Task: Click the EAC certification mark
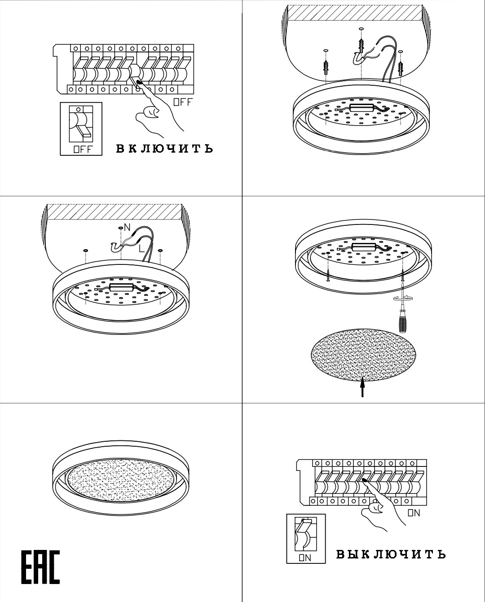click(x=40, y=567)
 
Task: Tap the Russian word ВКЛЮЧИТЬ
click(x=164, y=149)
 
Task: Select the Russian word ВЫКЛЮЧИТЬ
click(x=390, y=554)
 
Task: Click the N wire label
click(x=127, y=228)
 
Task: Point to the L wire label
click(x=141, y=248)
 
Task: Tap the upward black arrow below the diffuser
click(x=362, y=387)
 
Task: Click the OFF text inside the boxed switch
click(x=83, y=149)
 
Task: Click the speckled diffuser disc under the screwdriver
click(x=362, y=355)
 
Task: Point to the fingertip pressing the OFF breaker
click(x=138, y=82)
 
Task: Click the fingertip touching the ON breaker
click(x=365, y=480)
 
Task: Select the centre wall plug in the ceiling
click(x=361, y=44)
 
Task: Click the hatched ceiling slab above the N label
click(x=115, y=212)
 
